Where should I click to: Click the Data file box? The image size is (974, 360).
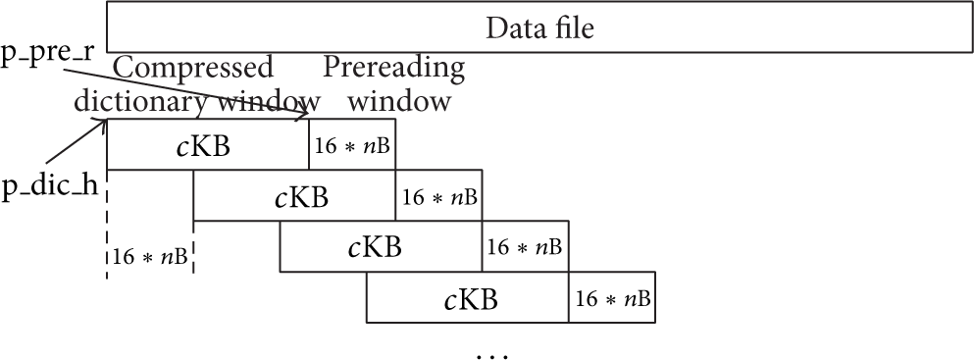[x=539, y=26]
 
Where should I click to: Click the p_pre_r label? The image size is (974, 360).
[x=48, y=53]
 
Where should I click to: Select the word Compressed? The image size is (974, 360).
[x=192, y=69]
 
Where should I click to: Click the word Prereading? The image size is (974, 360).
[x=393, y=69]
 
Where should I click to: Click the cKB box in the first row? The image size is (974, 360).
[x=208, y=144]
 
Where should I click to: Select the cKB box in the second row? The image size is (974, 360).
[x=294, y=195]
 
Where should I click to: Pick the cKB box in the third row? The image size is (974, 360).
[x=381, y=246]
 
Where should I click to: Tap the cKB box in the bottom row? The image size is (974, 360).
[x=467, y=297]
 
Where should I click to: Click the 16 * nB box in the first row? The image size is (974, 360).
[x=351, y=144]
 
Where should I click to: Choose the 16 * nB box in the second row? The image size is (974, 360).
[x=437, y=195]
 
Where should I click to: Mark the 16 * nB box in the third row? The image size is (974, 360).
[x=525, y=246]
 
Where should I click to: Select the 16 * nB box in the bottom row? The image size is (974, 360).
[x=612, y=297]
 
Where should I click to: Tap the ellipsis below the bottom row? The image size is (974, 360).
[x=492, y=356]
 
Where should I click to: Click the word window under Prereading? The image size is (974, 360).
[x=398, y=101]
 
